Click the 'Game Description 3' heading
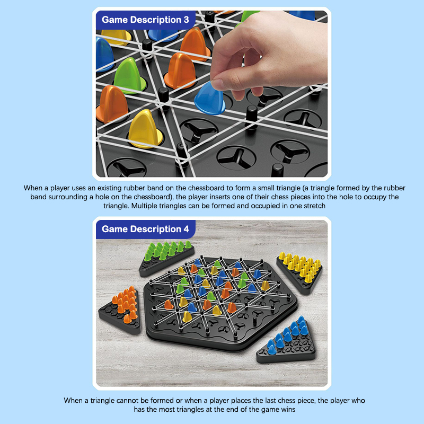(145, 20)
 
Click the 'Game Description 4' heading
(145, 229)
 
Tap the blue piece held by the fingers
(209, 99)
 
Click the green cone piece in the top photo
(129, 76)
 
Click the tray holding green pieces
(166, 259)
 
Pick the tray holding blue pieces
(287, 341)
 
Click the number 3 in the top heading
(187, 20)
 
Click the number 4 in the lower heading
(187, 229)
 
